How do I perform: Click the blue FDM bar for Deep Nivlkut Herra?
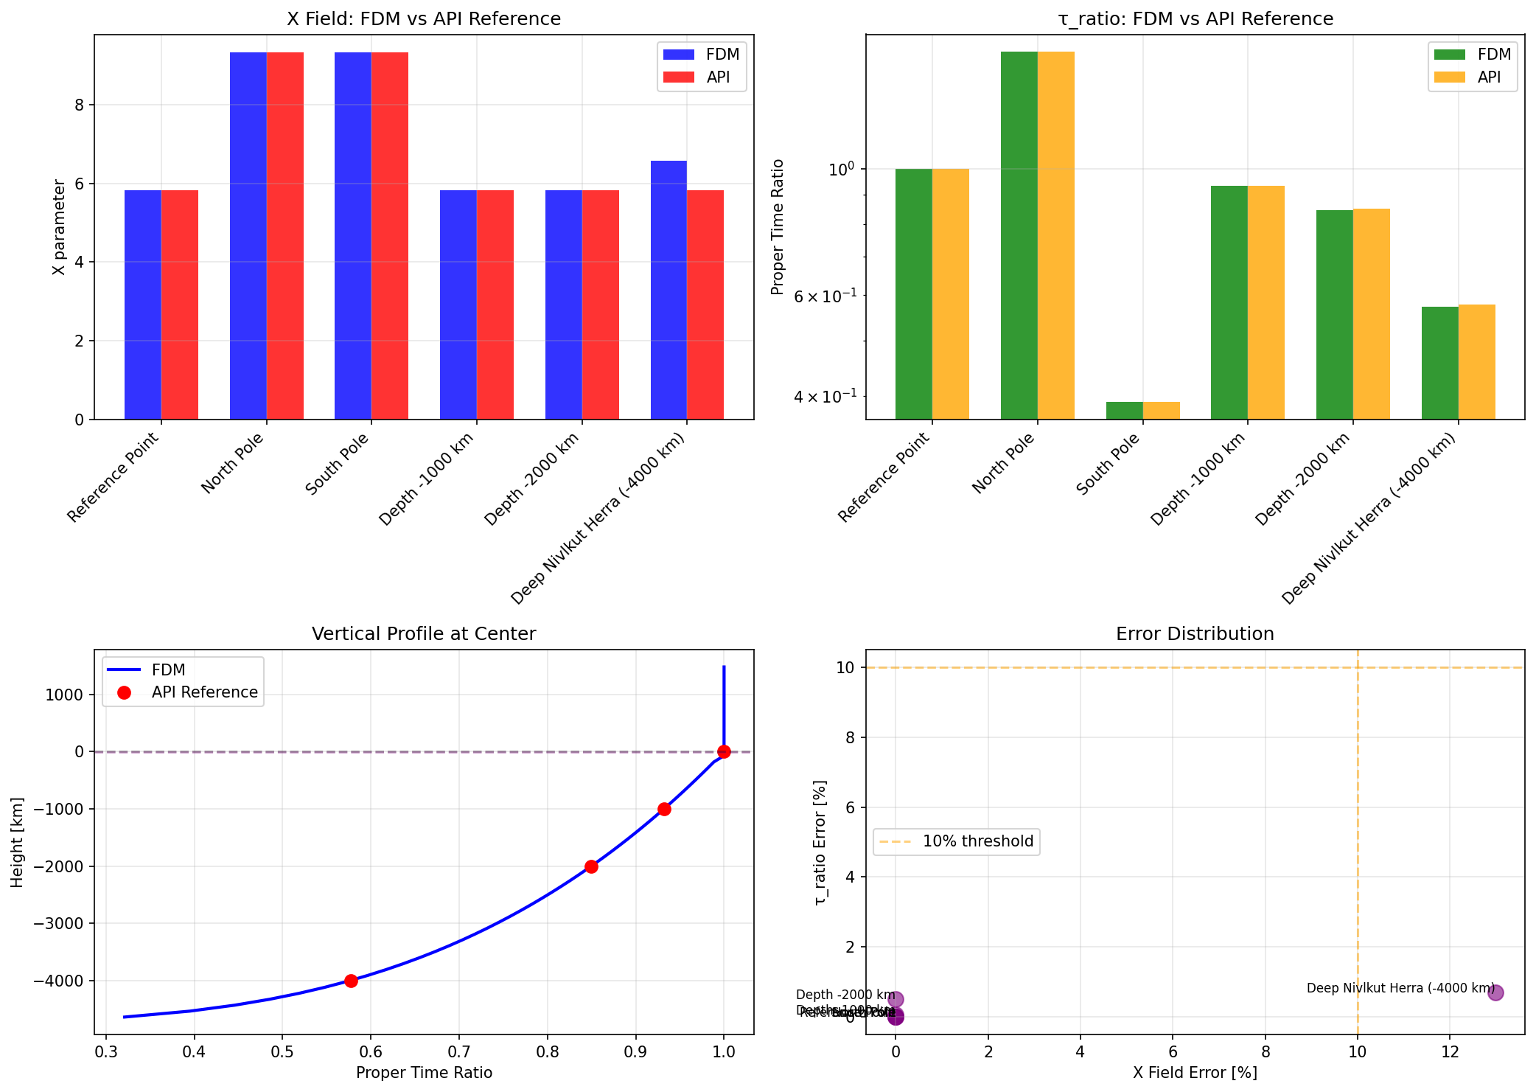(668, 290)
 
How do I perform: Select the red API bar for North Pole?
(285, 236)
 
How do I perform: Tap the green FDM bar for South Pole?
(1124, 411)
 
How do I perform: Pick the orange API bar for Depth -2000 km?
(1371, 313)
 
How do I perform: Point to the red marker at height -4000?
(351, 981)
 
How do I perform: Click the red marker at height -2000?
(591, 866)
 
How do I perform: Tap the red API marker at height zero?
(724, 751)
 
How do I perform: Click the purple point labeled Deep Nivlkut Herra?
(1495, 992)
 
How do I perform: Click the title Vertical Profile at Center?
(424, 634)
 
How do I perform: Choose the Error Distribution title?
(1195, 634)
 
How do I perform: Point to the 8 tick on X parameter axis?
(80, 105)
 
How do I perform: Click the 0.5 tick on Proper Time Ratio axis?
(282, 1051)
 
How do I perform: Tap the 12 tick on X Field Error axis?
(1450, 1051)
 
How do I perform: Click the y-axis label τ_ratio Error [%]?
(820, 842)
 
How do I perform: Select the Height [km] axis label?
(18, 842)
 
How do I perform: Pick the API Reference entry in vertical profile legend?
(204, 692)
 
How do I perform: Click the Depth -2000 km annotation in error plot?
(845, 995)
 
